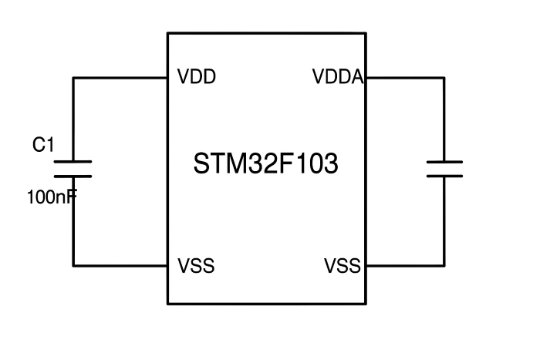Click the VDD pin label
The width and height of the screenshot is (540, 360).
coord(196,78)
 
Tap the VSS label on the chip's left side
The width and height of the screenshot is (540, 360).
coord(196,267)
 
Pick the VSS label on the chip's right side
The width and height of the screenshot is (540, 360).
coord(343,267)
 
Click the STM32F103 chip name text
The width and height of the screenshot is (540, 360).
coord(265,165)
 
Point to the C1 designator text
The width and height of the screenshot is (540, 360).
coord(43,144)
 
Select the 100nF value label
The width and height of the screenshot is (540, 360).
coord(52,197)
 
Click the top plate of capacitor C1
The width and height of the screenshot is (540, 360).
coord(73,162)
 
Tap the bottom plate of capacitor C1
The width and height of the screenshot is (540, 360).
coord(73,177)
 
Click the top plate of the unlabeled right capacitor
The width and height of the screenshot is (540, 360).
coord(444,162)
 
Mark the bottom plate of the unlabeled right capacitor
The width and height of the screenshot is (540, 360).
coord(444,177)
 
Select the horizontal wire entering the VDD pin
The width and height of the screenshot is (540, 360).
coord(120,78)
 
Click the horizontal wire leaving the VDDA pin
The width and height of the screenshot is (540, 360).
coord(405,78)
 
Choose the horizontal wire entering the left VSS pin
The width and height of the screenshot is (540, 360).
coord(120,266)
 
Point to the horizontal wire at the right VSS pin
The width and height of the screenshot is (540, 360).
coord(405,266)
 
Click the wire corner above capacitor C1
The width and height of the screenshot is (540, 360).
coord(73,78)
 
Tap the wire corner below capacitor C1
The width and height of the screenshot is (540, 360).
coord(73,266)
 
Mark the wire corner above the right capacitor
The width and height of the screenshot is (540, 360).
coord(444,78)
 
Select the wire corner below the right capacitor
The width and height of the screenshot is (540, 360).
coord(444,266)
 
